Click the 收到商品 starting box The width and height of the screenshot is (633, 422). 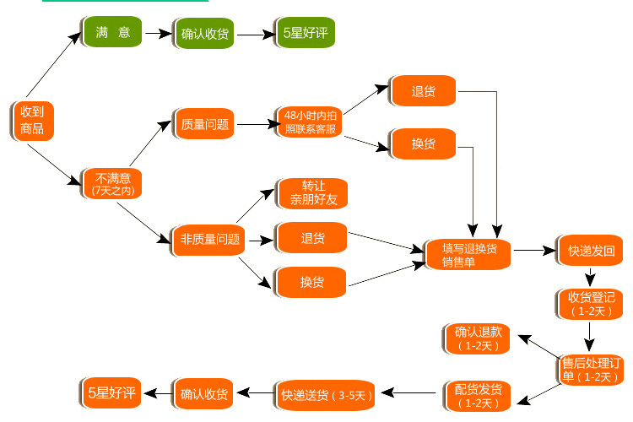click(x=32, y=121)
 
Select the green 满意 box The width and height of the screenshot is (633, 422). click(x=111, y=31)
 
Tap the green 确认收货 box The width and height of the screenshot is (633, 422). click(x=204, y=34)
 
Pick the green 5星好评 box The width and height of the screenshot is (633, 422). click(x=306, y=33)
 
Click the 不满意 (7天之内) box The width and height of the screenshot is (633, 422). click(x=112, y=184)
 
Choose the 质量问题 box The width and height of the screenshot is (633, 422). click(x=204, y=124)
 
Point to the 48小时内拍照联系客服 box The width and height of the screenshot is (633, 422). click(x=309, y=122)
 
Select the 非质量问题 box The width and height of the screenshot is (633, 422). click(x=208, y=241)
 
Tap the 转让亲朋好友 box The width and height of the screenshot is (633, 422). click(x=312, y=193)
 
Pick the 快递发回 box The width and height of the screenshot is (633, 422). click(x=590, y=251)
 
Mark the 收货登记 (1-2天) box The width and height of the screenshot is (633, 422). click(x=590, y=304)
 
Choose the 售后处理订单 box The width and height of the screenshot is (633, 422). click(x=591, y=370)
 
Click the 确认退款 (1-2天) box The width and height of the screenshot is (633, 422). click(x=477, y=338)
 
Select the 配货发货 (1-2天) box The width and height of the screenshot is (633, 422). click(x=478, y=396)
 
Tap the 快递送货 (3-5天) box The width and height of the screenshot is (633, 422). click(x=326, y=395)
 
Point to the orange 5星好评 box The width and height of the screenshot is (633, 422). click(x=111, y=393)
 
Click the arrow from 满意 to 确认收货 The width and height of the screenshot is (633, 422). click(x=159, y=33)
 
